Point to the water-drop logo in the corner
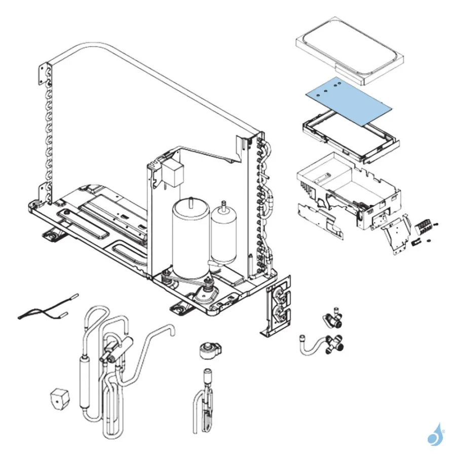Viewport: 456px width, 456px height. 435,435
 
